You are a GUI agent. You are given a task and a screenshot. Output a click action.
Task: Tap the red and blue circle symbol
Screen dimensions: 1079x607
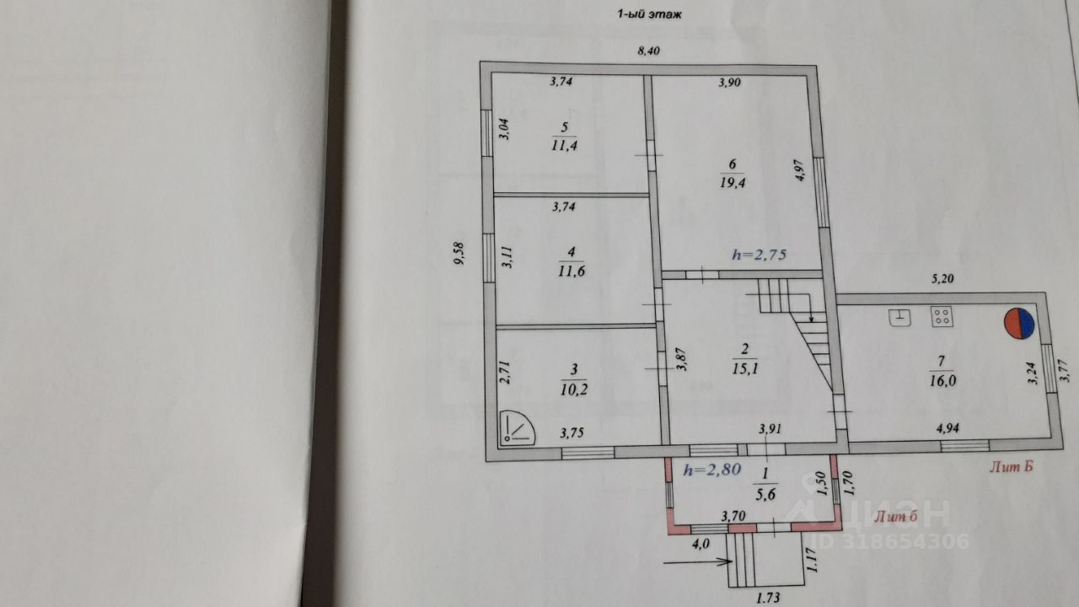[1018, 324]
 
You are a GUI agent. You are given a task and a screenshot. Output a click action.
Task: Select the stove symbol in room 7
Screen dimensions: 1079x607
[942, 317]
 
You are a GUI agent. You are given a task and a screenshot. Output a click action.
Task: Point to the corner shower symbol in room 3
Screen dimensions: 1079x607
[518, 427]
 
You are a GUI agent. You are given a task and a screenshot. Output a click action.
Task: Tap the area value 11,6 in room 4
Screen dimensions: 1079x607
[572, 271]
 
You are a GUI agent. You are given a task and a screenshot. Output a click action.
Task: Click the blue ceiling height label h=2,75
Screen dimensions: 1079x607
[758, 255]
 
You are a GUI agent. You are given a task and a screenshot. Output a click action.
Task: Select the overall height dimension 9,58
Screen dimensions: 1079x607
[458, 253]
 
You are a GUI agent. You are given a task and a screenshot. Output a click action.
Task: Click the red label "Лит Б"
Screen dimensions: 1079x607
[1012, 465]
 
